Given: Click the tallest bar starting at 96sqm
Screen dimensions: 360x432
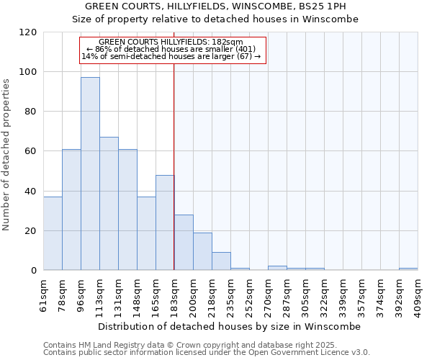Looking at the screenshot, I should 90,174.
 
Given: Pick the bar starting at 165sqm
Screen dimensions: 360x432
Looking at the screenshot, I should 165,222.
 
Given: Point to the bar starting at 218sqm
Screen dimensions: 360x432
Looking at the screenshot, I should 221,261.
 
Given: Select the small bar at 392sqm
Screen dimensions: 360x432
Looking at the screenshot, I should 408,269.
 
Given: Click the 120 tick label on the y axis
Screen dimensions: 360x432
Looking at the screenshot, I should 28,32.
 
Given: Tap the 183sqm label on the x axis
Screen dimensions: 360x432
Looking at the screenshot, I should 175,294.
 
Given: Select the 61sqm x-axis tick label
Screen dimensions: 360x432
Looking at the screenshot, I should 44,294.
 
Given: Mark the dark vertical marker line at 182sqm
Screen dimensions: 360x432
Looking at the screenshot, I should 174,166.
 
